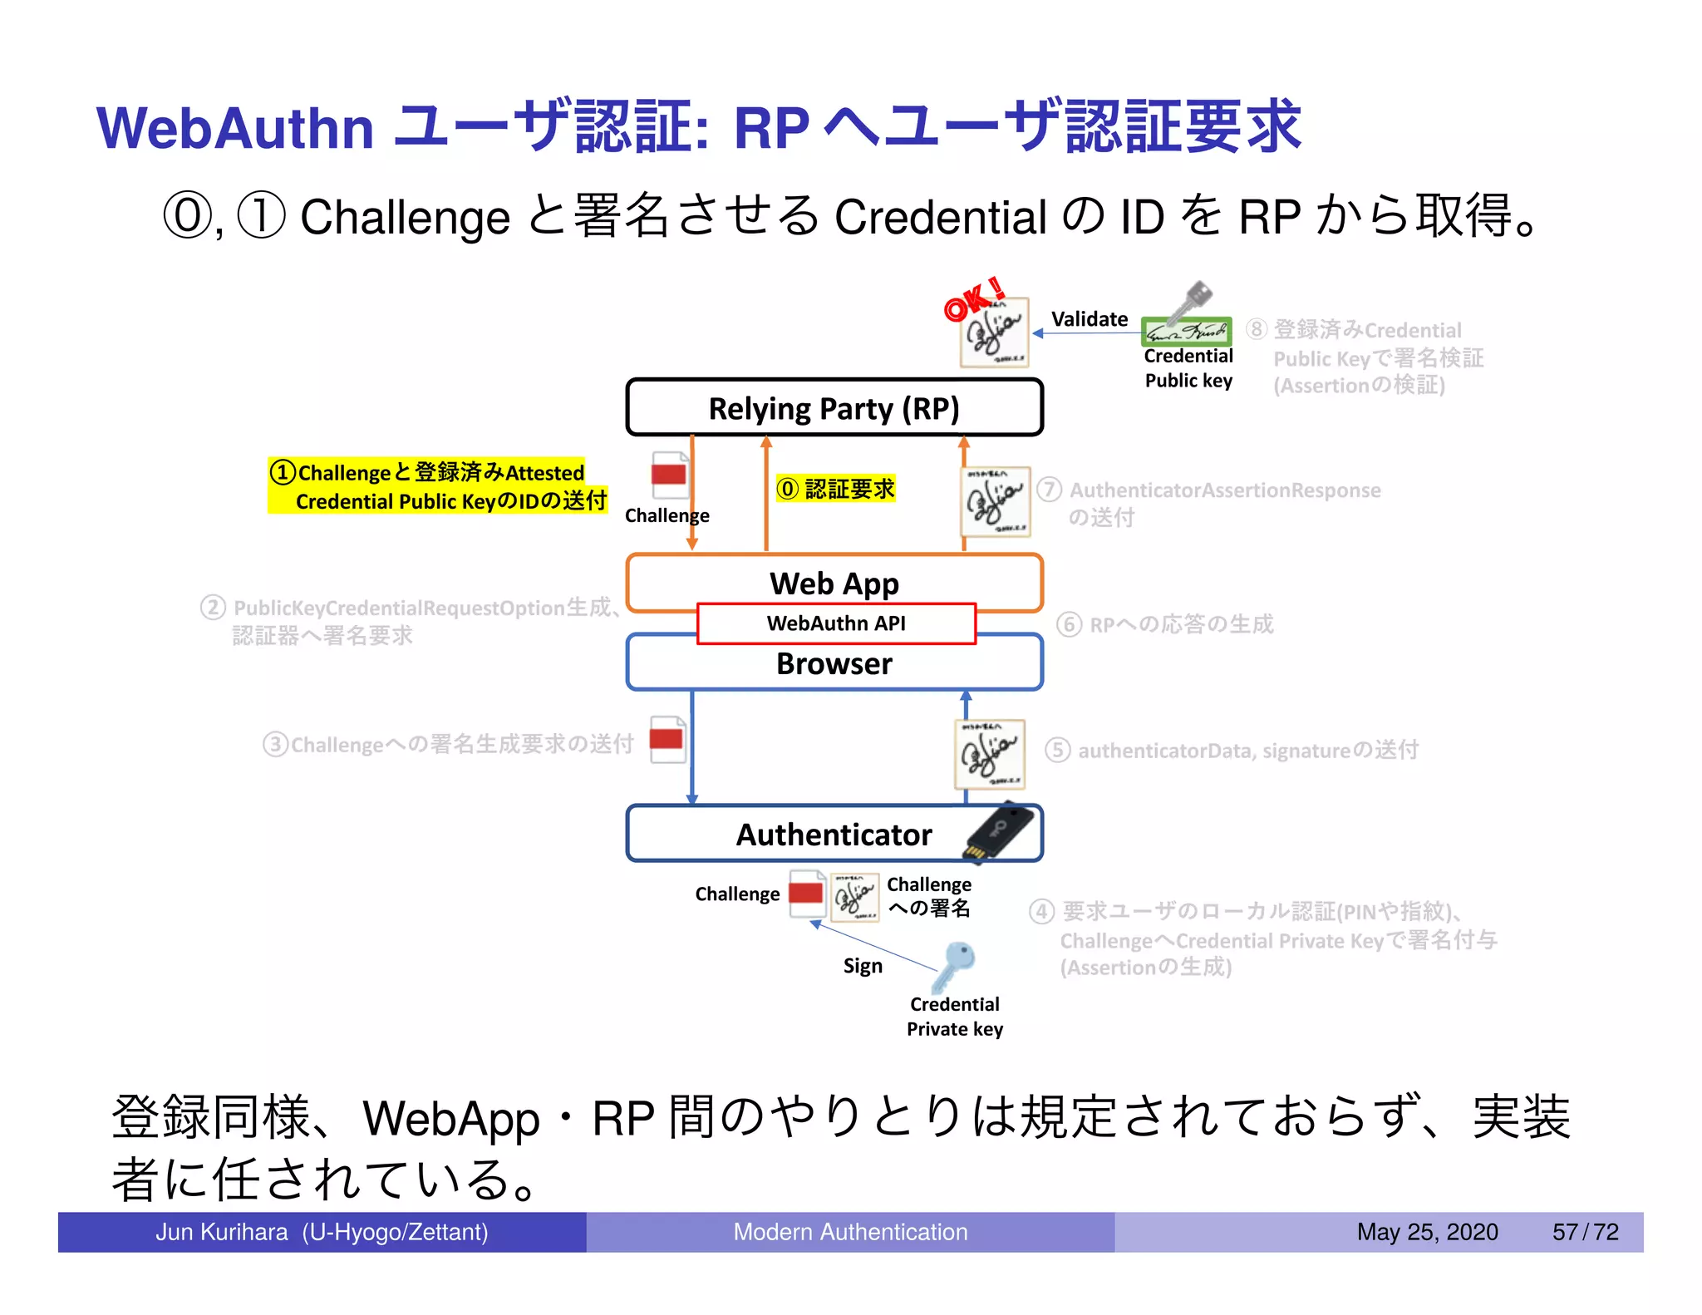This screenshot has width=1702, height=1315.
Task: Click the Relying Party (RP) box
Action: [834, 408]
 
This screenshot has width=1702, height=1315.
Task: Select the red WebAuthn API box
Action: [836, 623]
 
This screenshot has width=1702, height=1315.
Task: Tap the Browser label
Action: [834, 664]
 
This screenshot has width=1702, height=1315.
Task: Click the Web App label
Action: [834, 584]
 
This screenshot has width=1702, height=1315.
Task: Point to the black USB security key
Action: [1000, 831]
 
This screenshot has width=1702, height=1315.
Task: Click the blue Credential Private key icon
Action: [955, 964]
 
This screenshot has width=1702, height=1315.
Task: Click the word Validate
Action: [1089, 319]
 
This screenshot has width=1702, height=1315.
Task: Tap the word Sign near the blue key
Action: [863, 966]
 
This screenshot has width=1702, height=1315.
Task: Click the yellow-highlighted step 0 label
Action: [835, 489]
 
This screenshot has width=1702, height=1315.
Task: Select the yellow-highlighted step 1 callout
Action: [438, 486]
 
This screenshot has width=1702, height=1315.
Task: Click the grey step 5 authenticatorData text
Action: [1232, 751]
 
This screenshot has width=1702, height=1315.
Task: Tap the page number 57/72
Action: [1585, 1232]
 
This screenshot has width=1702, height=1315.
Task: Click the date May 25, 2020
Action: [1427, 1232]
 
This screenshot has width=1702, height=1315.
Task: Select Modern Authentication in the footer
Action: [850, 1232]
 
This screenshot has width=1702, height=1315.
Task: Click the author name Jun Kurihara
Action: [222, 1232]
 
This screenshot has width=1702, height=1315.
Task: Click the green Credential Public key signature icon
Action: [1186, 332]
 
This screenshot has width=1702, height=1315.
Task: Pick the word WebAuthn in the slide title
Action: [235, 129]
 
